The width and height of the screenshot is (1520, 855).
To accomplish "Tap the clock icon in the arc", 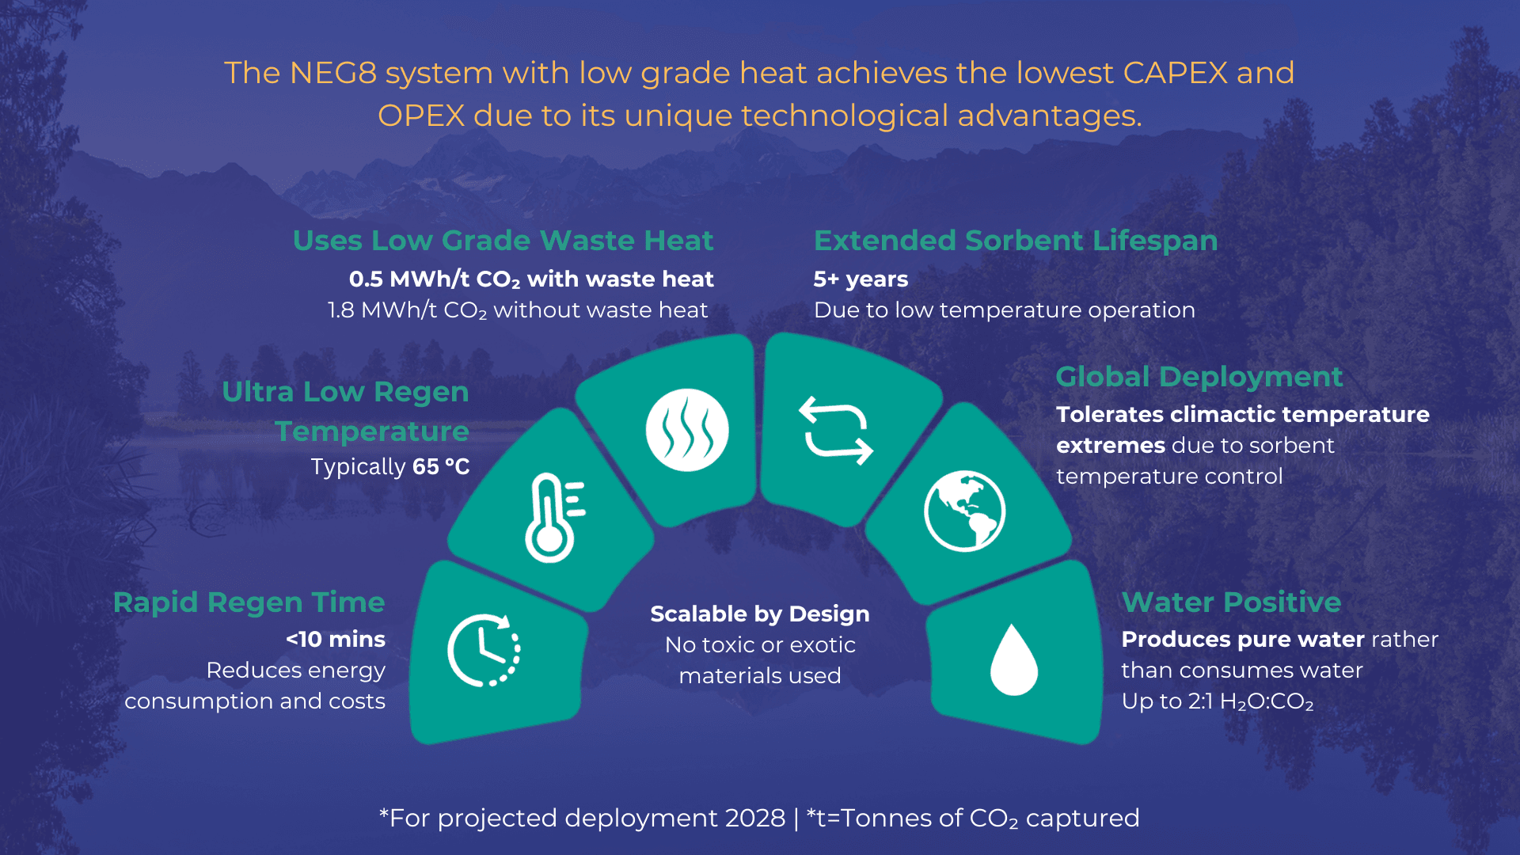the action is coord(484,650).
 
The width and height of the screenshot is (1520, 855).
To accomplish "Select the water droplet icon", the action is coord(1014,659).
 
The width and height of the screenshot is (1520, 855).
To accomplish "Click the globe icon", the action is coord(964,511).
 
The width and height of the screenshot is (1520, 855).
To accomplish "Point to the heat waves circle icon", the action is coord(687,430).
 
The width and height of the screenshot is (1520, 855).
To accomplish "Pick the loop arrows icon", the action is coord(836,430).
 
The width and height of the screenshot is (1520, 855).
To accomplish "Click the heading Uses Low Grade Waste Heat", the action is coord(503,240).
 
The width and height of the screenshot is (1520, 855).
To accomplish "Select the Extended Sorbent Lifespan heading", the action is coord(1016,241).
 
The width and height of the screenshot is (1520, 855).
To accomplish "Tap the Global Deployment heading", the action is coord(1199,377).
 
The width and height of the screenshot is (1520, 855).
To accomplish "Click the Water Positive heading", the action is coord(1231,602).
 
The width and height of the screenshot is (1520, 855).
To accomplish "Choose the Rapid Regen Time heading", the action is coord(249,603).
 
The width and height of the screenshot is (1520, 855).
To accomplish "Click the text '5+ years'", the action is coord(861,279).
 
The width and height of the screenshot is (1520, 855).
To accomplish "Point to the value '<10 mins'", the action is coord(336,639).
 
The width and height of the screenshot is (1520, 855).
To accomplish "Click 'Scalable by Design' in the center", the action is coord(760,614).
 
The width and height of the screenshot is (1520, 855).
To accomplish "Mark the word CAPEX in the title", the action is coord(1176,73).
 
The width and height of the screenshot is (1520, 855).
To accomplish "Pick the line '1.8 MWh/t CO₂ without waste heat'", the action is coord(518,310).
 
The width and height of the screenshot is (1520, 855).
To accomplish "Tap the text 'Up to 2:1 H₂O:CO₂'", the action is coord(1218,702).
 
